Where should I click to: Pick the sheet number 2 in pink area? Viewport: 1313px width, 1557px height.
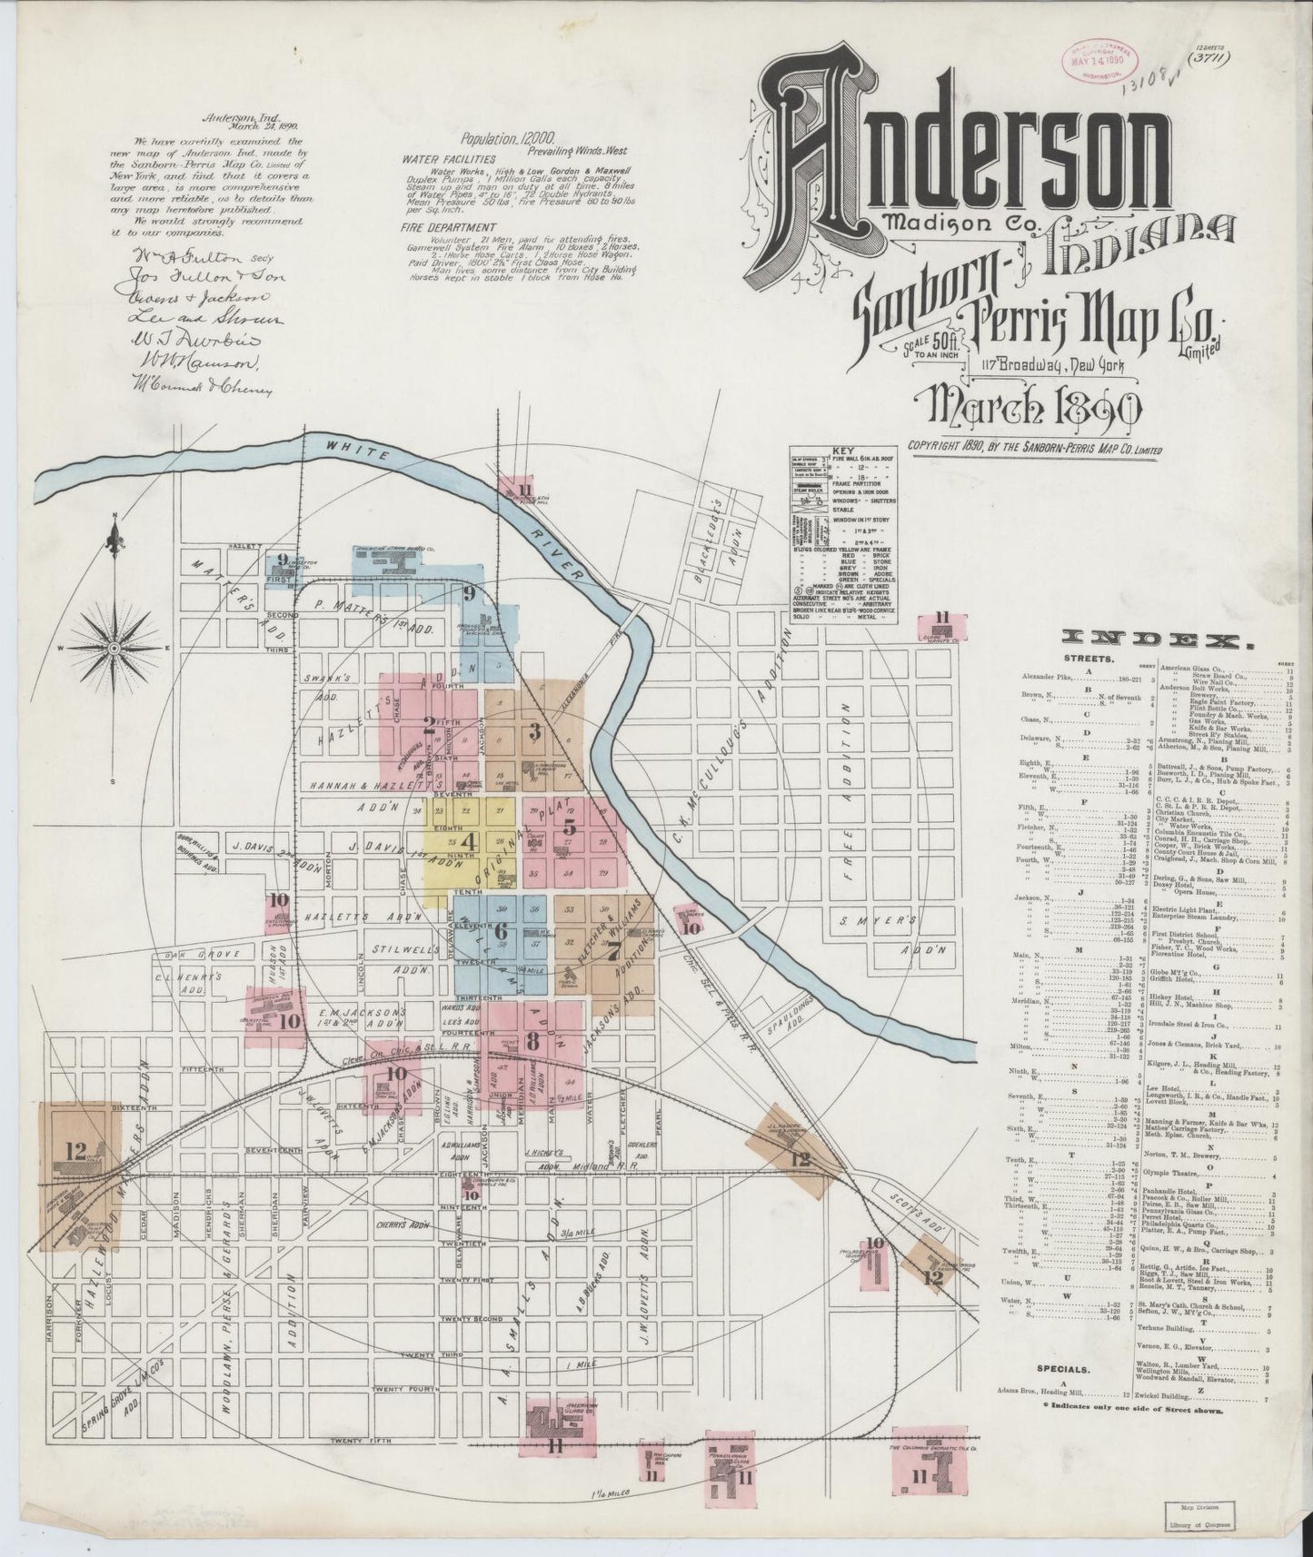click(427, 724)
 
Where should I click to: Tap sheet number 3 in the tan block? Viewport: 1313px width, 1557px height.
click(534, 730)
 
